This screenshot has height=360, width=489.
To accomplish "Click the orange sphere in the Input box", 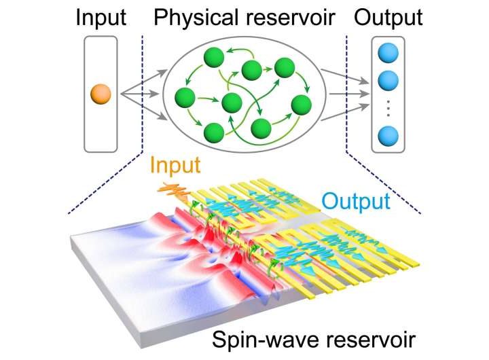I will pyautogui.click(x=101, y=92).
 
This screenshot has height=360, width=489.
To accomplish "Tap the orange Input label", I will pyautogui.click(x=175, y=165).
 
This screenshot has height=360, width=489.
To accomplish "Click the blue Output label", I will pyautogui.click(x=356, y=201).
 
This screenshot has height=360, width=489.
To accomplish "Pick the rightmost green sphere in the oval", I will pyautogui.click(x=301, y=105).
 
